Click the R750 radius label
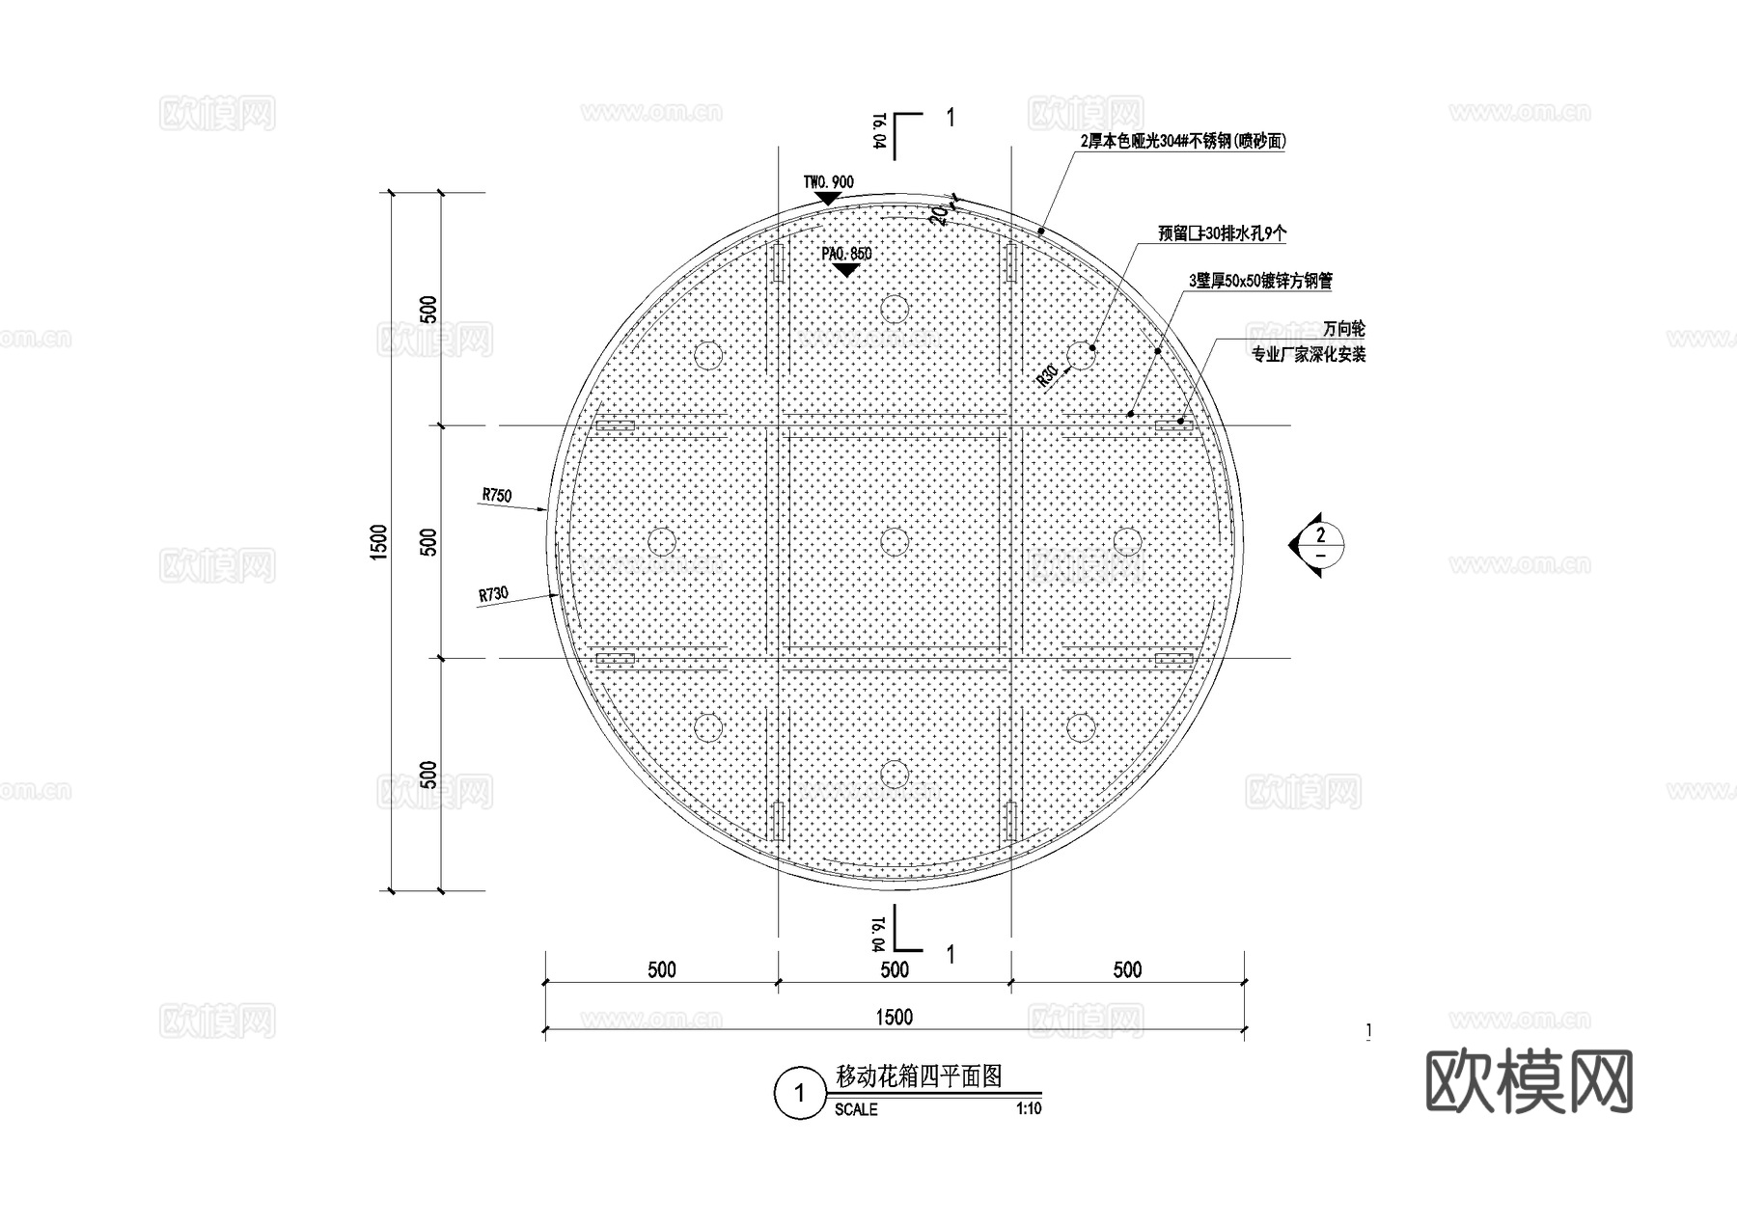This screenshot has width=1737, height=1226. (497, 496)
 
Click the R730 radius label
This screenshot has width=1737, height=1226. (493, 594)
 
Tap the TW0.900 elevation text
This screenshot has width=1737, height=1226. (828, 182)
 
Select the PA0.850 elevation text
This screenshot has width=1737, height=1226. (846, 254)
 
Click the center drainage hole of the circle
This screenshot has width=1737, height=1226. (895, 541)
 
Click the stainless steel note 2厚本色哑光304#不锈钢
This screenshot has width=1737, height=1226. (1183, 142)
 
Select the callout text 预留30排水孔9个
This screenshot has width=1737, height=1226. (1222, 233)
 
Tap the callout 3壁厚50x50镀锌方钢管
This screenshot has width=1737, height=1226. (1260, 281)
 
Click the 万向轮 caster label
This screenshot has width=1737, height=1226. (1343, 330)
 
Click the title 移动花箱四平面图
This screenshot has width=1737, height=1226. (919, 1076)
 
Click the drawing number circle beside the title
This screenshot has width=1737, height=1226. (798, 1094)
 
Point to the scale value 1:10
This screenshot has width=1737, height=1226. (1029, 1109)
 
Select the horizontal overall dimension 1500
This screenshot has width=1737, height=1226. (894, 1017)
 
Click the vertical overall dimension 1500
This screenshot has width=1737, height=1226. (378, 541)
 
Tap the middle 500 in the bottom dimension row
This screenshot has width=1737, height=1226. (895, 969)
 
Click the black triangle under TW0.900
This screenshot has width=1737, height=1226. (827, 198)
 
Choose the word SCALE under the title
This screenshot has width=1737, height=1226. (856, 1110)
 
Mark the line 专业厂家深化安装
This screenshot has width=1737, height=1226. (1309, 355)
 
